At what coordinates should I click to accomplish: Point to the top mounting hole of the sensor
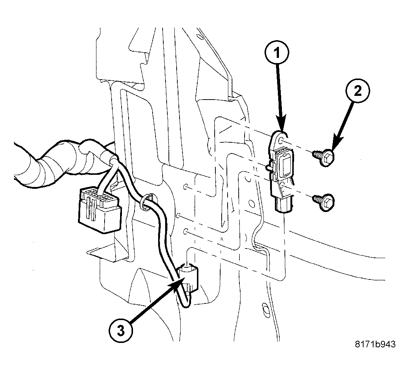[282, 141]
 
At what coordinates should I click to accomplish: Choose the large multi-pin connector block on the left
[99, 209]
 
